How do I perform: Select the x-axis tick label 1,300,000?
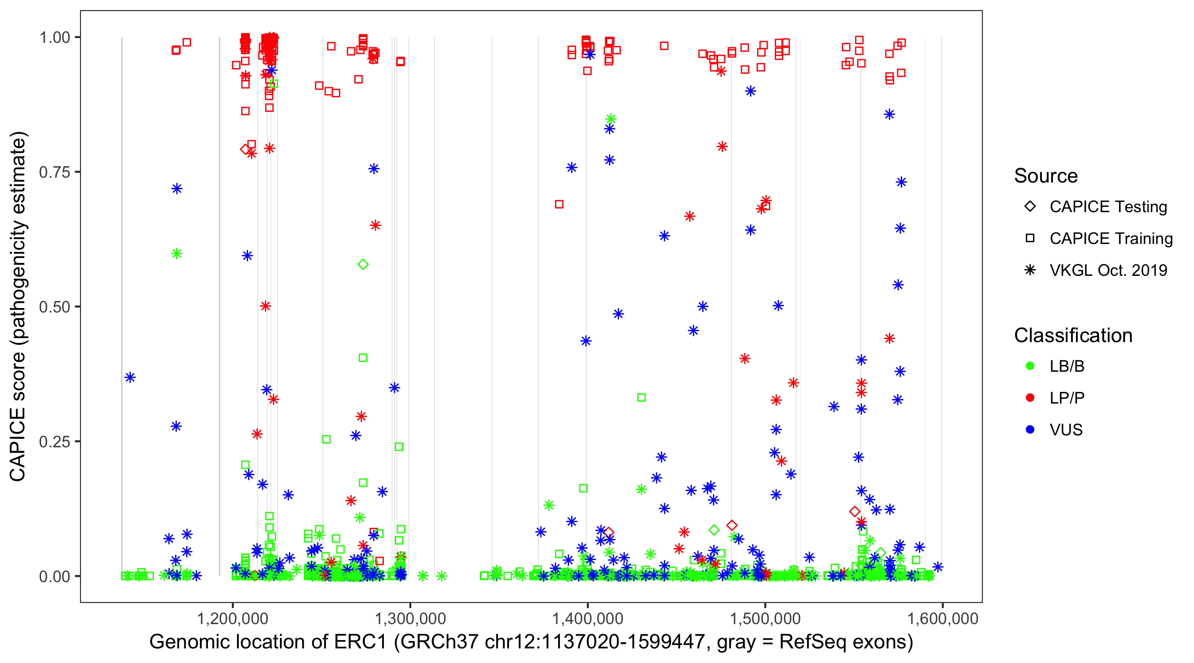(x=410, y=618)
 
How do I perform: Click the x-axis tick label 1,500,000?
(x=765, y=618)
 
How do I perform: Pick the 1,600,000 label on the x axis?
(x=942, y=618)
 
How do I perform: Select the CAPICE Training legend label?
(x=1111, y=238)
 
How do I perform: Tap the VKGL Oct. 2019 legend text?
(x=1108, y=270)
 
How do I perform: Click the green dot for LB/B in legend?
(x=1030, y=366)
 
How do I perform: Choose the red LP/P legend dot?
(x=1030, y=398)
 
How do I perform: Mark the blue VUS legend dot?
(x=1030, y=430)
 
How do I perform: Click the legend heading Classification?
(x=1073, y=335)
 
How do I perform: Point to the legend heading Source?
(x=1046, y=176)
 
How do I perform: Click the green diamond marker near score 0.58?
(x=363, y=265)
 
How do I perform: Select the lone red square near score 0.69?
(x=559, y=204)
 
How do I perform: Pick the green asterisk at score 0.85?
(x=610, y=118)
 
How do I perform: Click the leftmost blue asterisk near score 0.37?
(x=130, y=377)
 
